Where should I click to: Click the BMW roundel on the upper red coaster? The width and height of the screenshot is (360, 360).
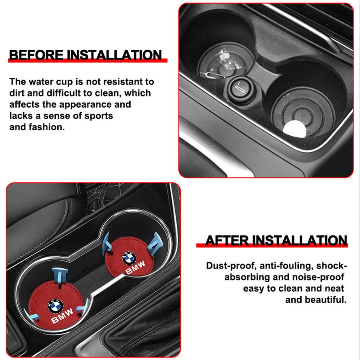click(x=128, y=257)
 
